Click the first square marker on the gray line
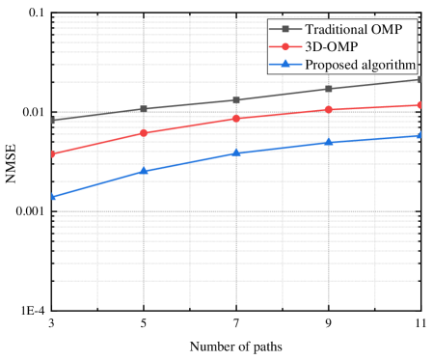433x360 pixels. pyautogui.click(x=54, y=121)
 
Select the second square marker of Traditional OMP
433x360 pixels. pyautogui.click(x=144, y=109)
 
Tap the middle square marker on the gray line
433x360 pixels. pyautogui.click(x=236, y=99)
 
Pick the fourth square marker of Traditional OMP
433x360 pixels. pyautogui.click(x=329, y=89)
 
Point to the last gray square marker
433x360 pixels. pyautogui.click(x=419, y=79)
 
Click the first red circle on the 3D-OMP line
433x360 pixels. pyautogui.click(x=54, y=153)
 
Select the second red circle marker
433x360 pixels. pyautogui.click(x=144, y=132)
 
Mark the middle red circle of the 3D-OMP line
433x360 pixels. pyautogui.click(x=236, y=118)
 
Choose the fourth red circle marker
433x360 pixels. pyautogui.click(x=329, y=109)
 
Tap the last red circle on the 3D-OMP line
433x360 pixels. pyautogui.click(x=419, y=104)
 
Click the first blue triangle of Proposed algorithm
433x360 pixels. pyautogui.click(x=54, y=196)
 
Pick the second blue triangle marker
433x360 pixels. pyautogui.click(x=144, y=170)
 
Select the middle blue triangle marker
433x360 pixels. pyautogui.click(x=236, y=152)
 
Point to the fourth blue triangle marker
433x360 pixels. pyautogui.click(x=329, y=142)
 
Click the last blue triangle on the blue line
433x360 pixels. pyautogui.click(x=419, y=135)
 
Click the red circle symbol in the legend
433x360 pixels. pyautogui.click(x=285, y=46)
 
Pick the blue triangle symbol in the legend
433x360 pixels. pyautogui.click(x=285, y=64)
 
